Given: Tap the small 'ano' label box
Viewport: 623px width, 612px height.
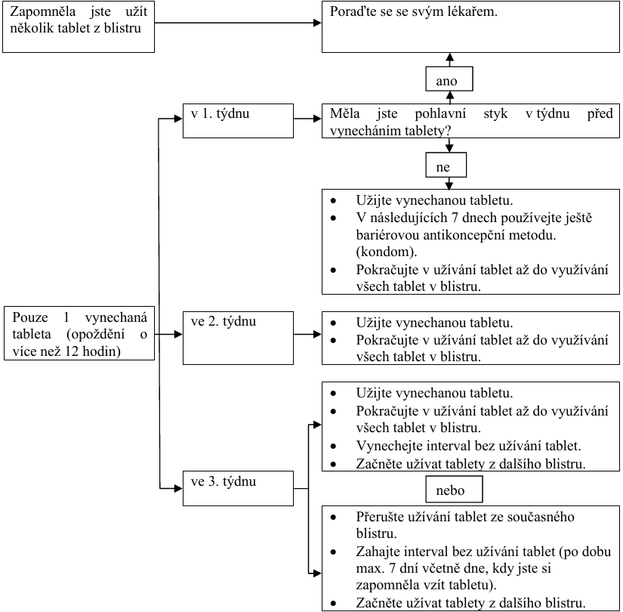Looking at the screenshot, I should [x=449, y=79].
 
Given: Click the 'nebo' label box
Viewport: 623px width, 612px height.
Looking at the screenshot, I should [x=455, y=490].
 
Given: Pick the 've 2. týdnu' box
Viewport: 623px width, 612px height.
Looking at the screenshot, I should [x=237, y=332].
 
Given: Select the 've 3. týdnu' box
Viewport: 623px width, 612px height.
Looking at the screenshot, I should [x=237, y=491].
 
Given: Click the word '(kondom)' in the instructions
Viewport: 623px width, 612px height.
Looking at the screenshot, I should [x=381, y=251].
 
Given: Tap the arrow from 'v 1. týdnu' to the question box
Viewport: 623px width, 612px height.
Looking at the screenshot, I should [x=306, y=119].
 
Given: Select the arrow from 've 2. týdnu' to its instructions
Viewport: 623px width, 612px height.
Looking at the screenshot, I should [x=306, y=333].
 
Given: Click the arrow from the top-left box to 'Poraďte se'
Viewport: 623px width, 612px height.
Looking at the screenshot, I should [x=242, y=23].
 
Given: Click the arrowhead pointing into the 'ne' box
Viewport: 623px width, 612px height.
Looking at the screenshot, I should [x=449, y=148].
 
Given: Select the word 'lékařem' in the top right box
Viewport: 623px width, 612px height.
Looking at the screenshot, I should [x=473, y=13].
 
